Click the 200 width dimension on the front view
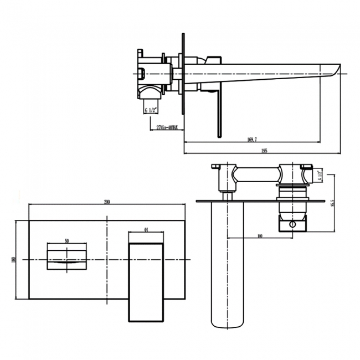click(x=107, y=202)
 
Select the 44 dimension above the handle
click(x=146, y=229)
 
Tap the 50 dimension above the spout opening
click(x=66, y=241)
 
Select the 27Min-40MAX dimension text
click(x=167, y=127)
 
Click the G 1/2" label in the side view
click(x=152, y=110)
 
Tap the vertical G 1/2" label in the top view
click(x=320, y=176)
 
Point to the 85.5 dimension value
click(x=331, y=204)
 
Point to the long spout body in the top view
click(x=226, y=260)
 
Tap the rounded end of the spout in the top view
click(x=226, y=324)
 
